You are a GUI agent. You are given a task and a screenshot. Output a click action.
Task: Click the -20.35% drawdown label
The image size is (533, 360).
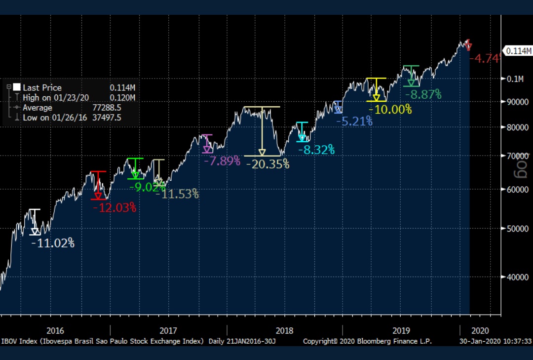click(267, 164)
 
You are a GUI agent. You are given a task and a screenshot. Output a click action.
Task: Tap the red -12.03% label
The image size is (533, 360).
click(114, 208)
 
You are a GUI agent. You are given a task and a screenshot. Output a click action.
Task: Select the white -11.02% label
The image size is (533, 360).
click(53, 242)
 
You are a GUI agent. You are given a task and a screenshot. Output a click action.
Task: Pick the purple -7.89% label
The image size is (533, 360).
click(222, 160)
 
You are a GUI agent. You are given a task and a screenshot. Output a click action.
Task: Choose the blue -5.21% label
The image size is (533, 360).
click(354, 121)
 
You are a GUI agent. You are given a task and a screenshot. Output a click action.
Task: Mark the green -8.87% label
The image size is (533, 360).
click(423, 95)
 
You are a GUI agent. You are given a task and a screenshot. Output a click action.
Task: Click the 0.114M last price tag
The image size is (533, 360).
click(517, 51)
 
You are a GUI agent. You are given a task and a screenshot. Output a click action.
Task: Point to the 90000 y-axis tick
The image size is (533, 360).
click(514, 102)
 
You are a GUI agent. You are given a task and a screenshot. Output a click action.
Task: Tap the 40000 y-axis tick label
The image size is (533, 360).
click(514, 277)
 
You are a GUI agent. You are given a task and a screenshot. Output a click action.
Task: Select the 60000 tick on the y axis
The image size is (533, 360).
click(514, 189)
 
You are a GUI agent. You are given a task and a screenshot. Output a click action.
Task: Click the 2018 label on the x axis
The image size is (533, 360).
click(285, 331)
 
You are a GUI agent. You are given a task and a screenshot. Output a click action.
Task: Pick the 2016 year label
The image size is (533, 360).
click(55, 331)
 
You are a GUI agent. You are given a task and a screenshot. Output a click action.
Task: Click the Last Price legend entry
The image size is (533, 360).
click(42, 87)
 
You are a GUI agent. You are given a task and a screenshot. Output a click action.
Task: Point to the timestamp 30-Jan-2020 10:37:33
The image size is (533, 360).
click(495, 341)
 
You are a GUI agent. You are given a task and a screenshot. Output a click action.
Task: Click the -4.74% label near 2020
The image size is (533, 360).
click(485, 58)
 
